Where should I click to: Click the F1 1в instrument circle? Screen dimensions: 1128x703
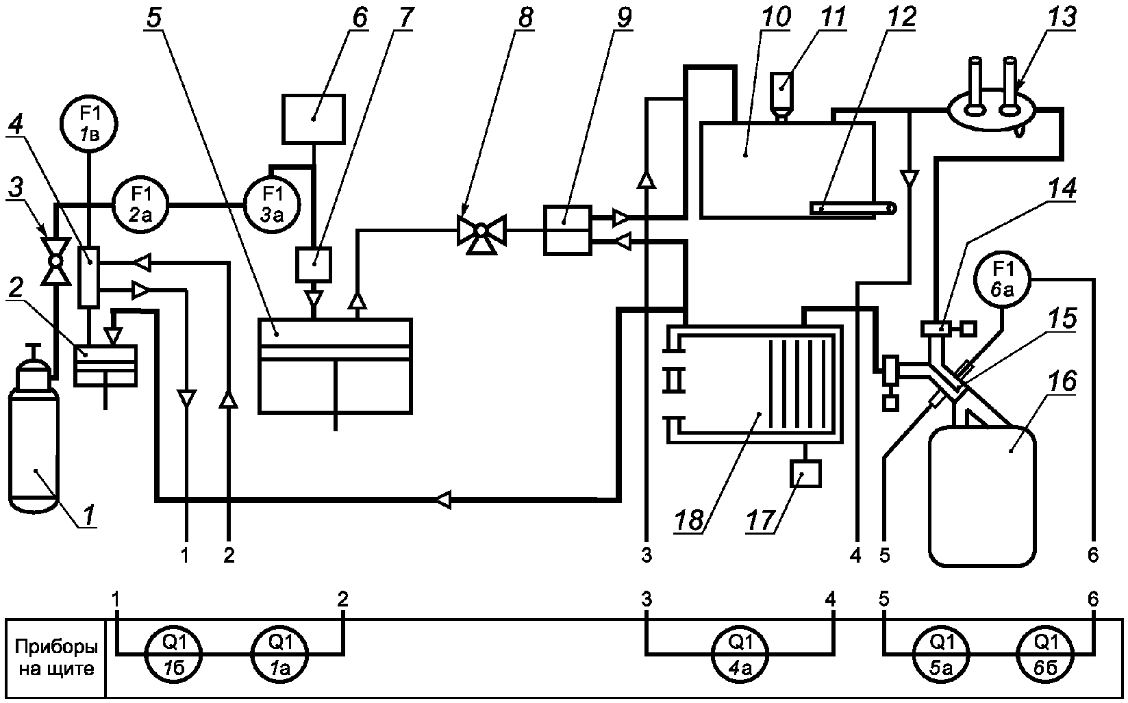[x=88, y=123]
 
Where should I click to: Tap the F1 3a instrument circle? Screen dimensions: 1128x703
[x=272, y=205]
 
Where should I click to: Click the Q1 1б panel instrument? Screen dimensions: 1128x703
[x=174, y=654]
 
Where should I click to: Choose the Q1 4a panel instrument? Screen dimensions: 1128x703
[x=740, y=654]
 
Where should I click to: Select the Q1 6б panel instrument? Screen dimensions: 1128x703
[x=1045, y=654]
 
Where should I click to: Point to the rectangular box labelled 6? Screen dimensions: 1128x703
[x=313, y=119]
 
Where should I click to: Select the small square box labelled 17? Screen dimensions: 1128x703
[x=805, y=474]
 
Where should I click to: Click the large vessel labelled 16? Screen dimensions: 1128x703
[x=982, y=496]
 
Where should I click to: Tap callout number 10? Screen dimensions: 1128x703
[x=776, y=16]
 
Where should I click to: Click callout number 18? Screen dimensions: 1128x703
[x=690, y=520]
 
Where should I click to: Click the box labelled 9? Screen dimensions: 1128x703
[x=568, y=230]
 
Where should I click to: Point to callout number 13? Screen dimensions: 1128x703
[x=1060, y=16]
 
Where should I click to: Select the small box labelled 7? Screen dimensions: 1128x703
[x=314, y=264]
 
